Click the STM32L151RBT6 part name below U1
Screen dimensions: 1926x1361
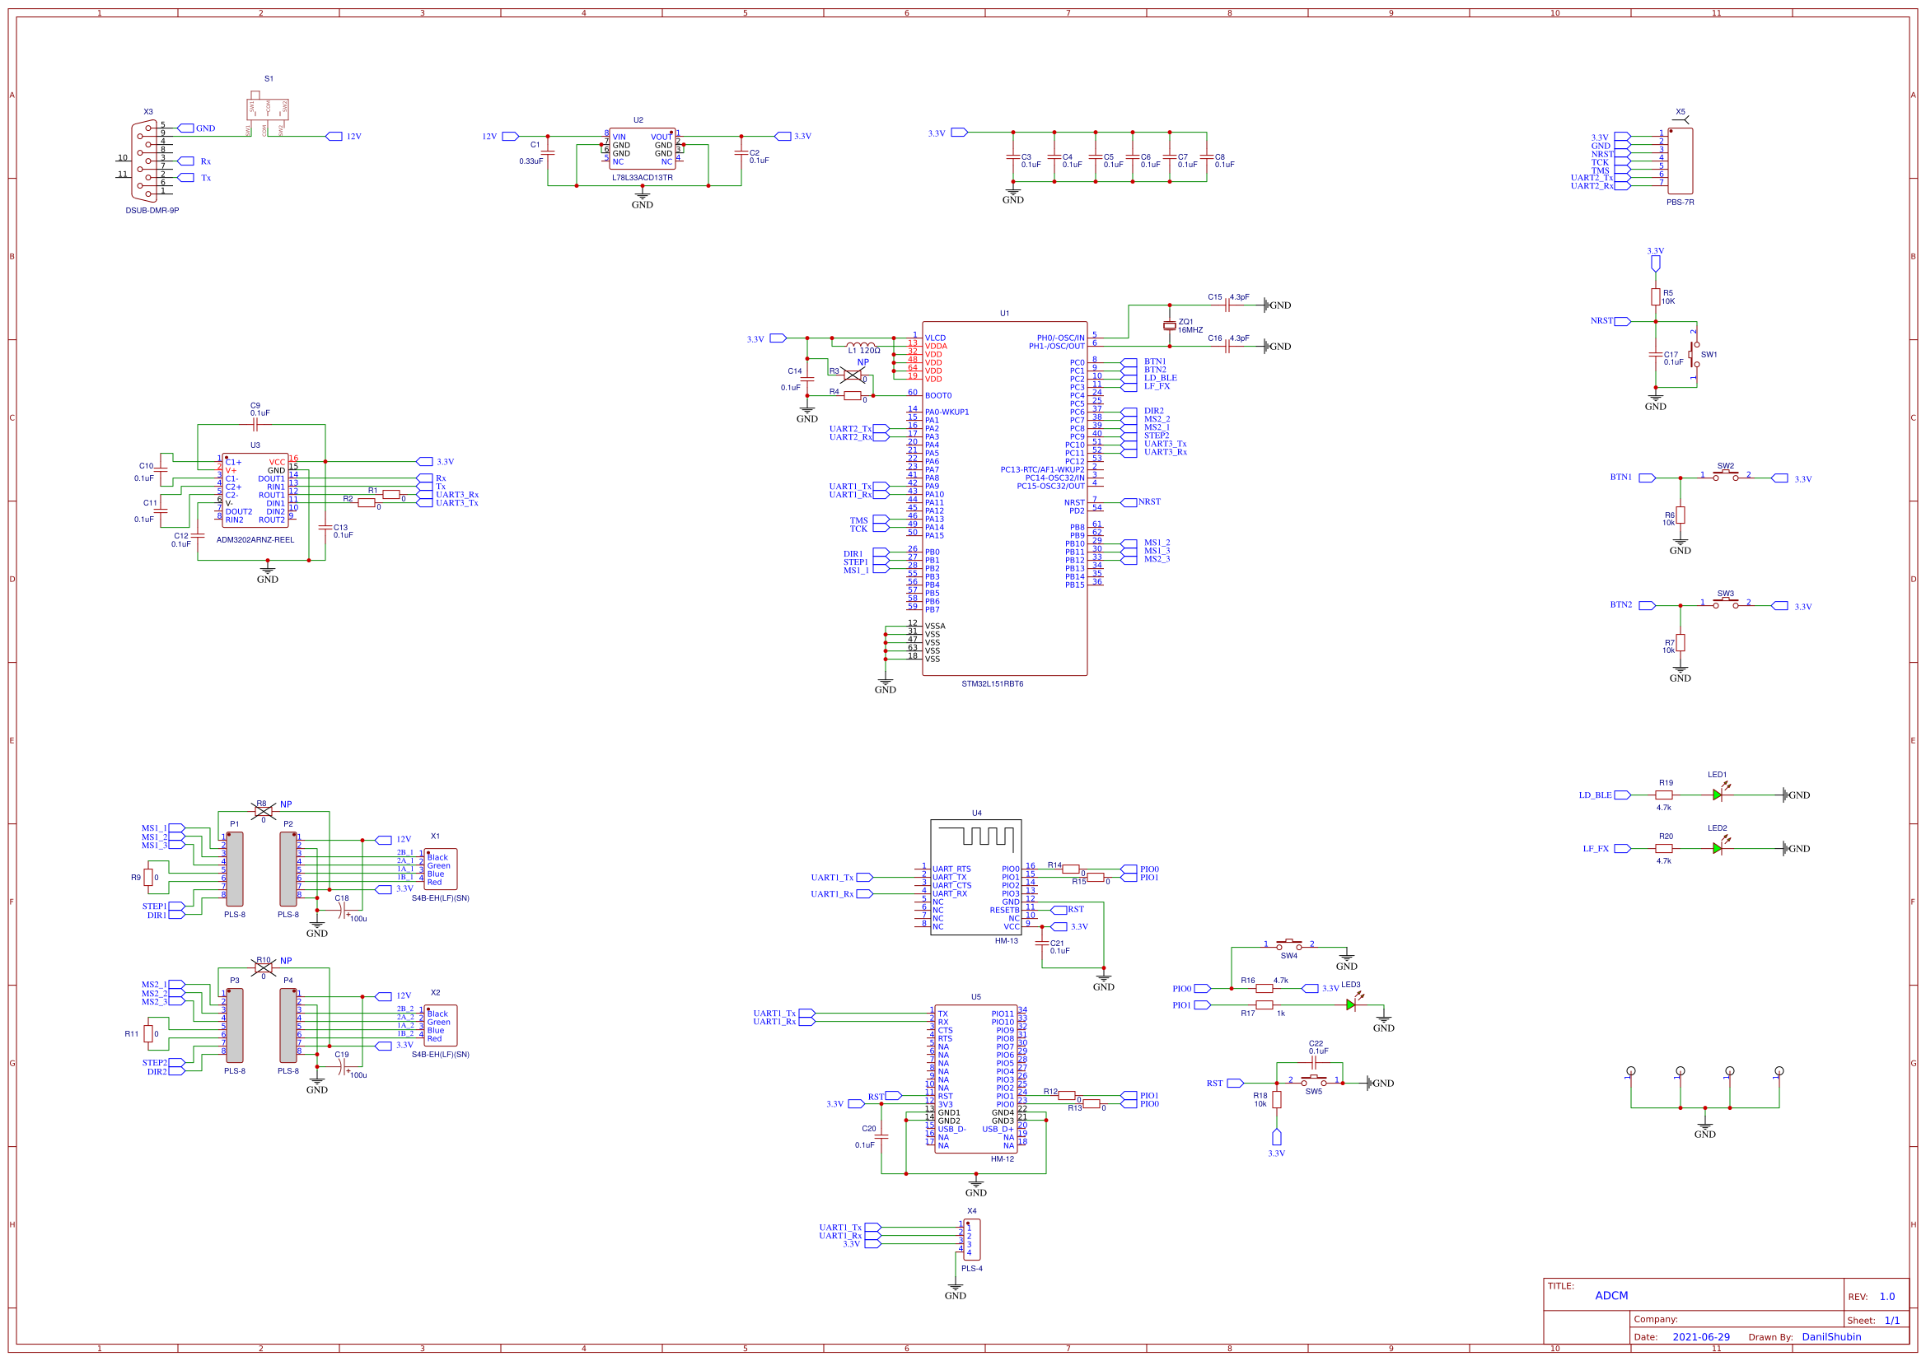click(992, 683)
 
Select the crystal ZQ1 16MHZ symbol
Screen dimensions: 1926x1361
click(1170, 325)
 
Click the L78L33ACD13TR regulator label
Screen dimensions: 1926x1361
click(642, 178)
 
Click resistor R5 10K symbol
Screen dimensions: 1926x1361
click(1655, 296)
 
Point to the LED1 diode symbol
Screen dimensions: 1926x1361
click(1717, 795)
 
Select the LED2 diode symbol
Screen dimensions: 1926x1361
click(1717, 848)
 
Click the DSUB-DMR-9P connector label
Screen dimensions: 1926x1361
click(152, 211)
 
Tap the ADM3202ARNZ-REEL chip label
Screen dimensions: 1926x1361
click(255, 540)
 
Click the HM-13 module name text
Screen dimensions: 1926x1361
click(1006, 941)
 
